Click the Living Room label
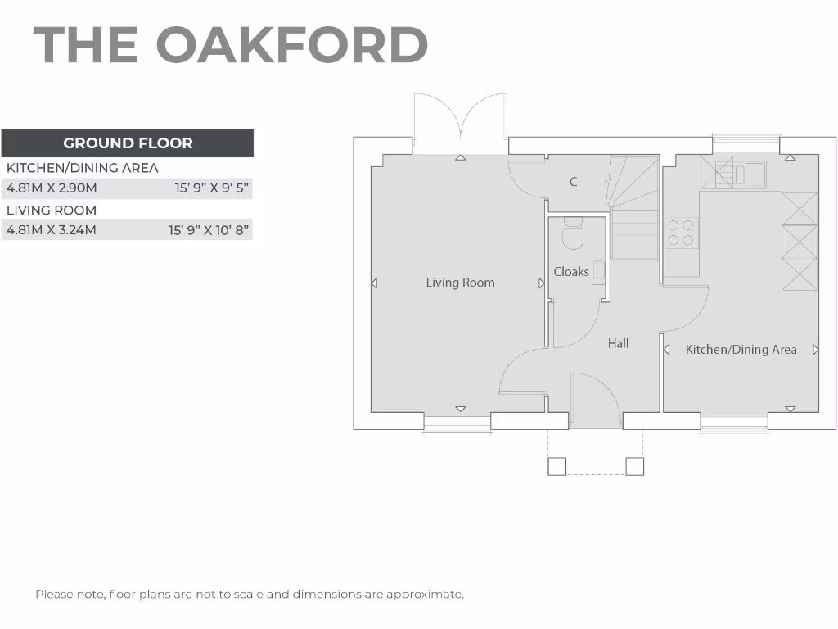pyautogui.click(x=460, y=283)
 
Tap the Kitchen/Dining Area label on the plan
pyautogui.click(x=741, y=350)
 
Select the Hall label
pyautogui.click(x=618, y=344)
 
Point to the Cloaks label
pyautogui.click(x=571, y=272)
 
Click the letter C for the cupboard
pyautogui.click(x=574, y=182)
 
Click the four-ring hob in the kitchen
pyautogui.click(x=680, y=233)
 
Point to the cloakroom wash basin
pyautogui.click(x=599, y=272)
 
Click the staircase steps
pyautogui.click(x=635, y=234)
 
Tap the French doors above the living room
pyautogui.click(x=461, y=123)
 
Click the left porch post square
pyautogui.click(x=556, y=466)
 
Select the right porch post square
pyautogui.click(x=635, y=466)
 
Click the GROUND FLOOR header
pyautogui.click(x=128, y=143)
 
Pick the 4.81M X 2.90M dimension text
pyautogui.click(x=52, y=188)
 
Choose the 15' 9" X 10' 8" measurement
pyautogui.click(x=209, y=230)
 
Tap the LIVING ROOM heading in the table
pyautogui.click(x=52, y=210)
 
